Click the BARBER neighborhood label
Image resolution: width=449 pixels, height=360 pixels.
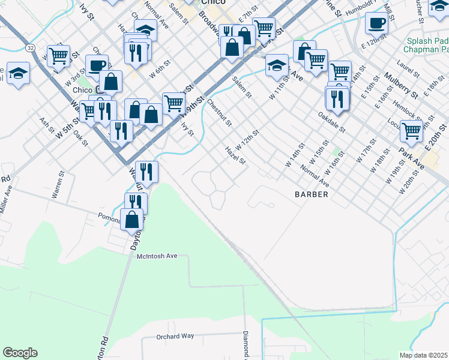click(x=311, y=194)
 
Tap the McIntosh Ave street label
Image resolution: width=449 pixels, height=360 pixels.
click(x=157, y=256)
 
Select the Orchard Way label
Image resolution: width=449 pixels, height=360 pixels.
click(x=175, y=337)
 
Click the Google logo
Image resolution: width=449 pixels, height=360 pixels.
click(x=20, y=353)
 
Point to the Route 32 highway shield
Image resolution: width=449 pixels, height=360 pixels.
click(x=29, y=47)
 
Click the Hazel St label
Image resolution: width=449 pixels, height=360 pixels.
click(x=235, y=155)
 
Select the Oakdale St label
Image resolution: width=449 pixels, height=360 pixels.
click(x=332, y=122)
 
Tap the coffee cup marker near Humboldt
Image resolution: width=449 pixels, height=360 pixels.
click(x=376, y=23)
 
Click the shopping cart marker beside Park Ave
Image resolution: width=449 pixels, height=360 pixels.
click(x=411, y=130)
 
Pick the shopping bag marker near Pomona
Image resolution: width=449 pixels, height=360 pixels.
click(x=131, y=220)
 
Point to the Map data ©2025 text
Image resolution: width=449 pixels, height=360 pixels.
click(x=423, y=355)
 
